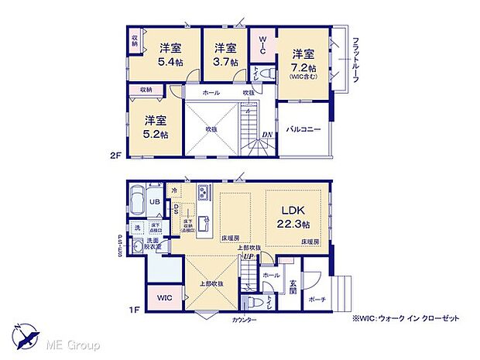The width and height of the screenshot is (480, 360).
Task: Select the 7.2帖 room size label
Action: [x=303, y=66]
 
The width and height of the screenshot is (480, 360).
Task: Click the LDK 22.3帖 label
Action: [x=294, y=215]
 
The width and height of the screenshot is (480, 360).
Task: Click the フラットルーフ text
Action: [x=355, y=62]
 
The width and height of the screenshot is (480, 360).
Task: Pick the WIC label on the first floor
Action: [x=165, y=297]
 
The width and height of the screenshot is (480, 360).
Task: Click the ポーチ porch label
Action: [x=316, y=300]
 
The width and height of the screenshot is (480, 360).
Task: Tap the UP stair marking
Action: [x=249, y=257]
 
